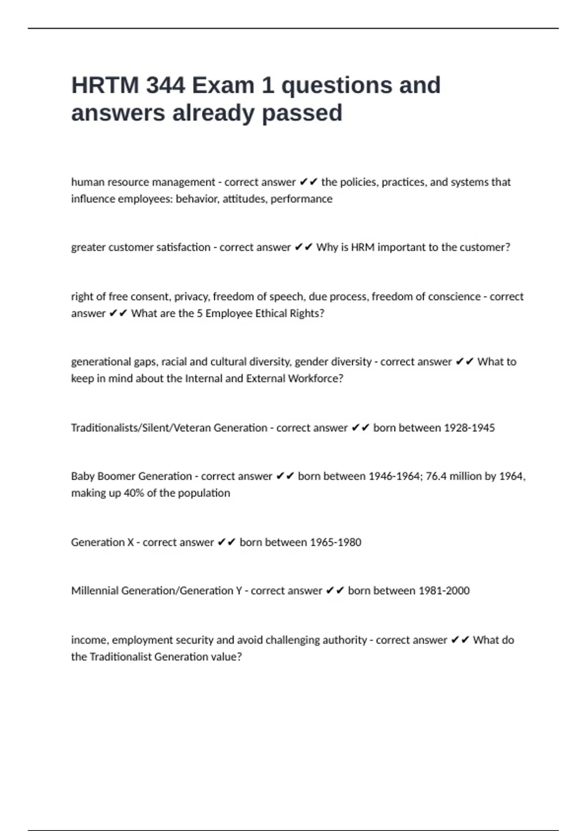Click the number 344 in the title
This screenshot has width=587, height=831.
165,86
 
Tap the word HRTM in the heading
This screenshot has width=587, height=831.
105,86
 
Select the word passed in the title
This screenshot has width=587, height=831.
302,113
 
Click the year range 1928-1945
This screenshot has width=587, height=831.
469,428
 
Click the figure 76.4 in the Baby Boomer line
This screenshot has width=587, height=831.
436,476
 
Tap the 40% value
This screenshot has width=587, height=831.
134,493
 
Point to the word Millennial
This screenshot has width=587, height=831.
94,590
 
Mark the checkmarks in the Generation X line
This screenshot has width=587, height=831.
226,542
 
